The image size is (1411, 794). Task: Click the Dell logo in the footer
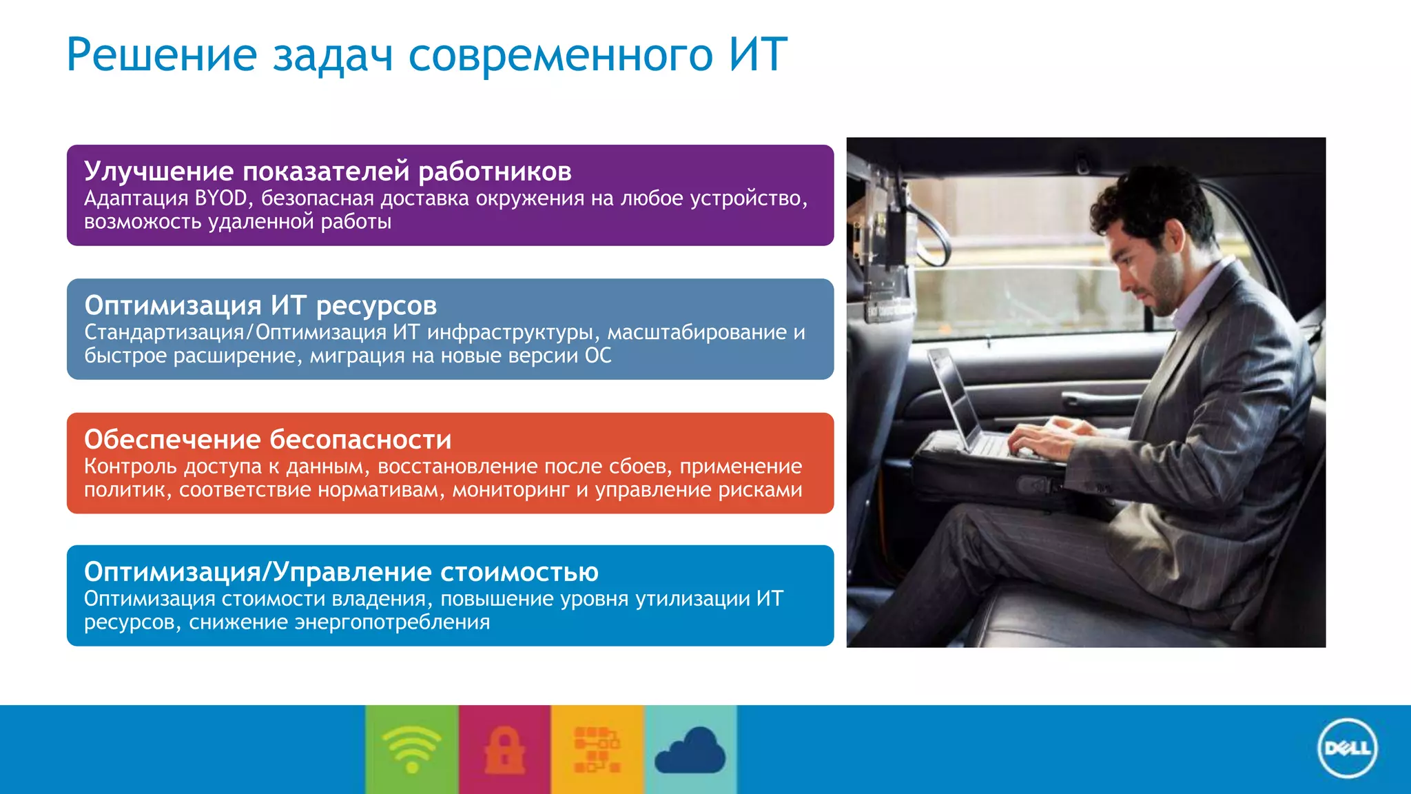(1347, 749)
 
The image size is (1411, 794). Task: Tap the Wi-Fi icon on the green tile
(411, 750)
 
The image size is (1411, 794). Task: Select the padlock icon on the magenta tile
(504, 750)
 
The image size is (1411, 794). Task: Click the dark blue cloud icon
(690, 751)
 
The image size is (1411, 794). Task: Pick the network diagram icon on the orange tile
(597, 750)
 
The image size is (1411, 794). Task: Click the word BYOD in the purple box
(220, 198)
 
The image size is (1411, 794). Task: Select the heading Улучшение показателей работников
(327, 171)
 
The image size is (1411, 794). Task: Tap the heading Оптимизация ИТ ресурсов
(260, 305)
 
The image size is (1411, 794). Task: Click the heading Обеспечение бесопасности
(267, 439)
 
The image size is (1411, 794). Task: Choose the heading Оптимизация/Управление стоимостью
(341, 571)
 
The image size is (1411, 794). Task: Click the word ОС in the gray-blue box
(597, 356)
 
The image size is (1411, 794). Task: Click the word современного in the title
(560, 54)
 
